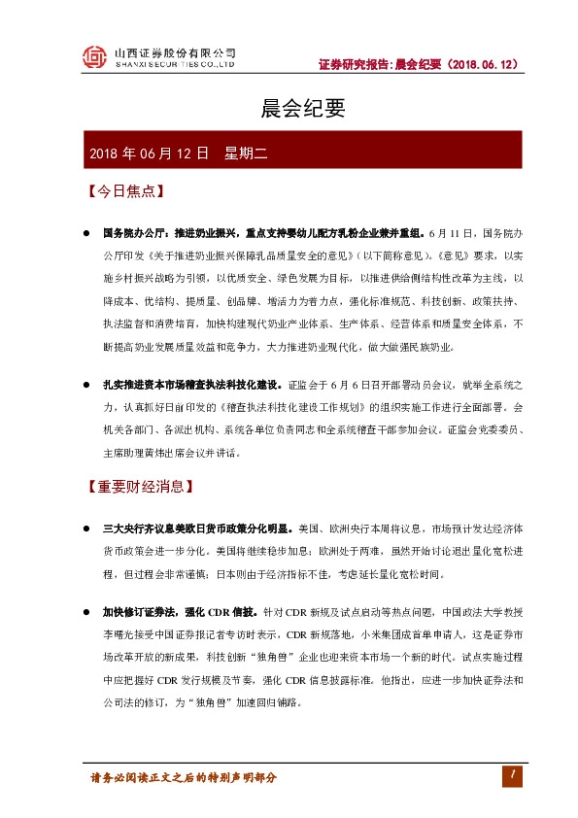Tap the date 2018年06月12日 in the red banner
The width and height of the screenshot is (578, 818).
149,153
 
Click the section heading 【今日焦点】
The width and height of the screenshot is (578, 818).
122,191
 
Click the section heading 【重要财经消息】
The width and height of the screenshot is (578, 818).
142,485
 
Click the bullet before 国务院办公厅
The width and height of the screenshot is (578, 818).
85,235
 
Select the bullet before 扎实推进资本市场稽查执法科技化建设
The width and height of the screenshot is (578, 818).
85,385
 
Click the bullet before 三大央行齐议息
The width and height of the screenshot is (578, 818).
85,530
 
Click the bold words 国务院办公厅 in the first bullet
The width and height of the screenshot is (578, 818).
136,235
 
